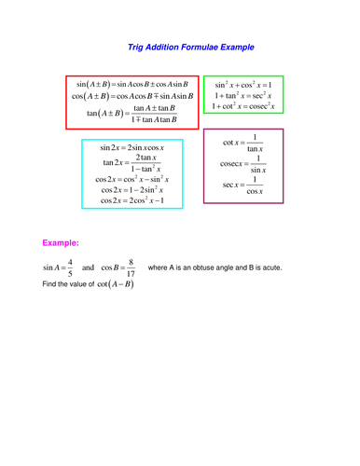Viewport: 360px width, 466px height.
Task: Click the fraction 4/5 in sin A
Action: click(83, 268)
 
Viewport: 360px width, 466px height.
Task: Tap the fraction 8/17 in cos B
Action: click(132, 268)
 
